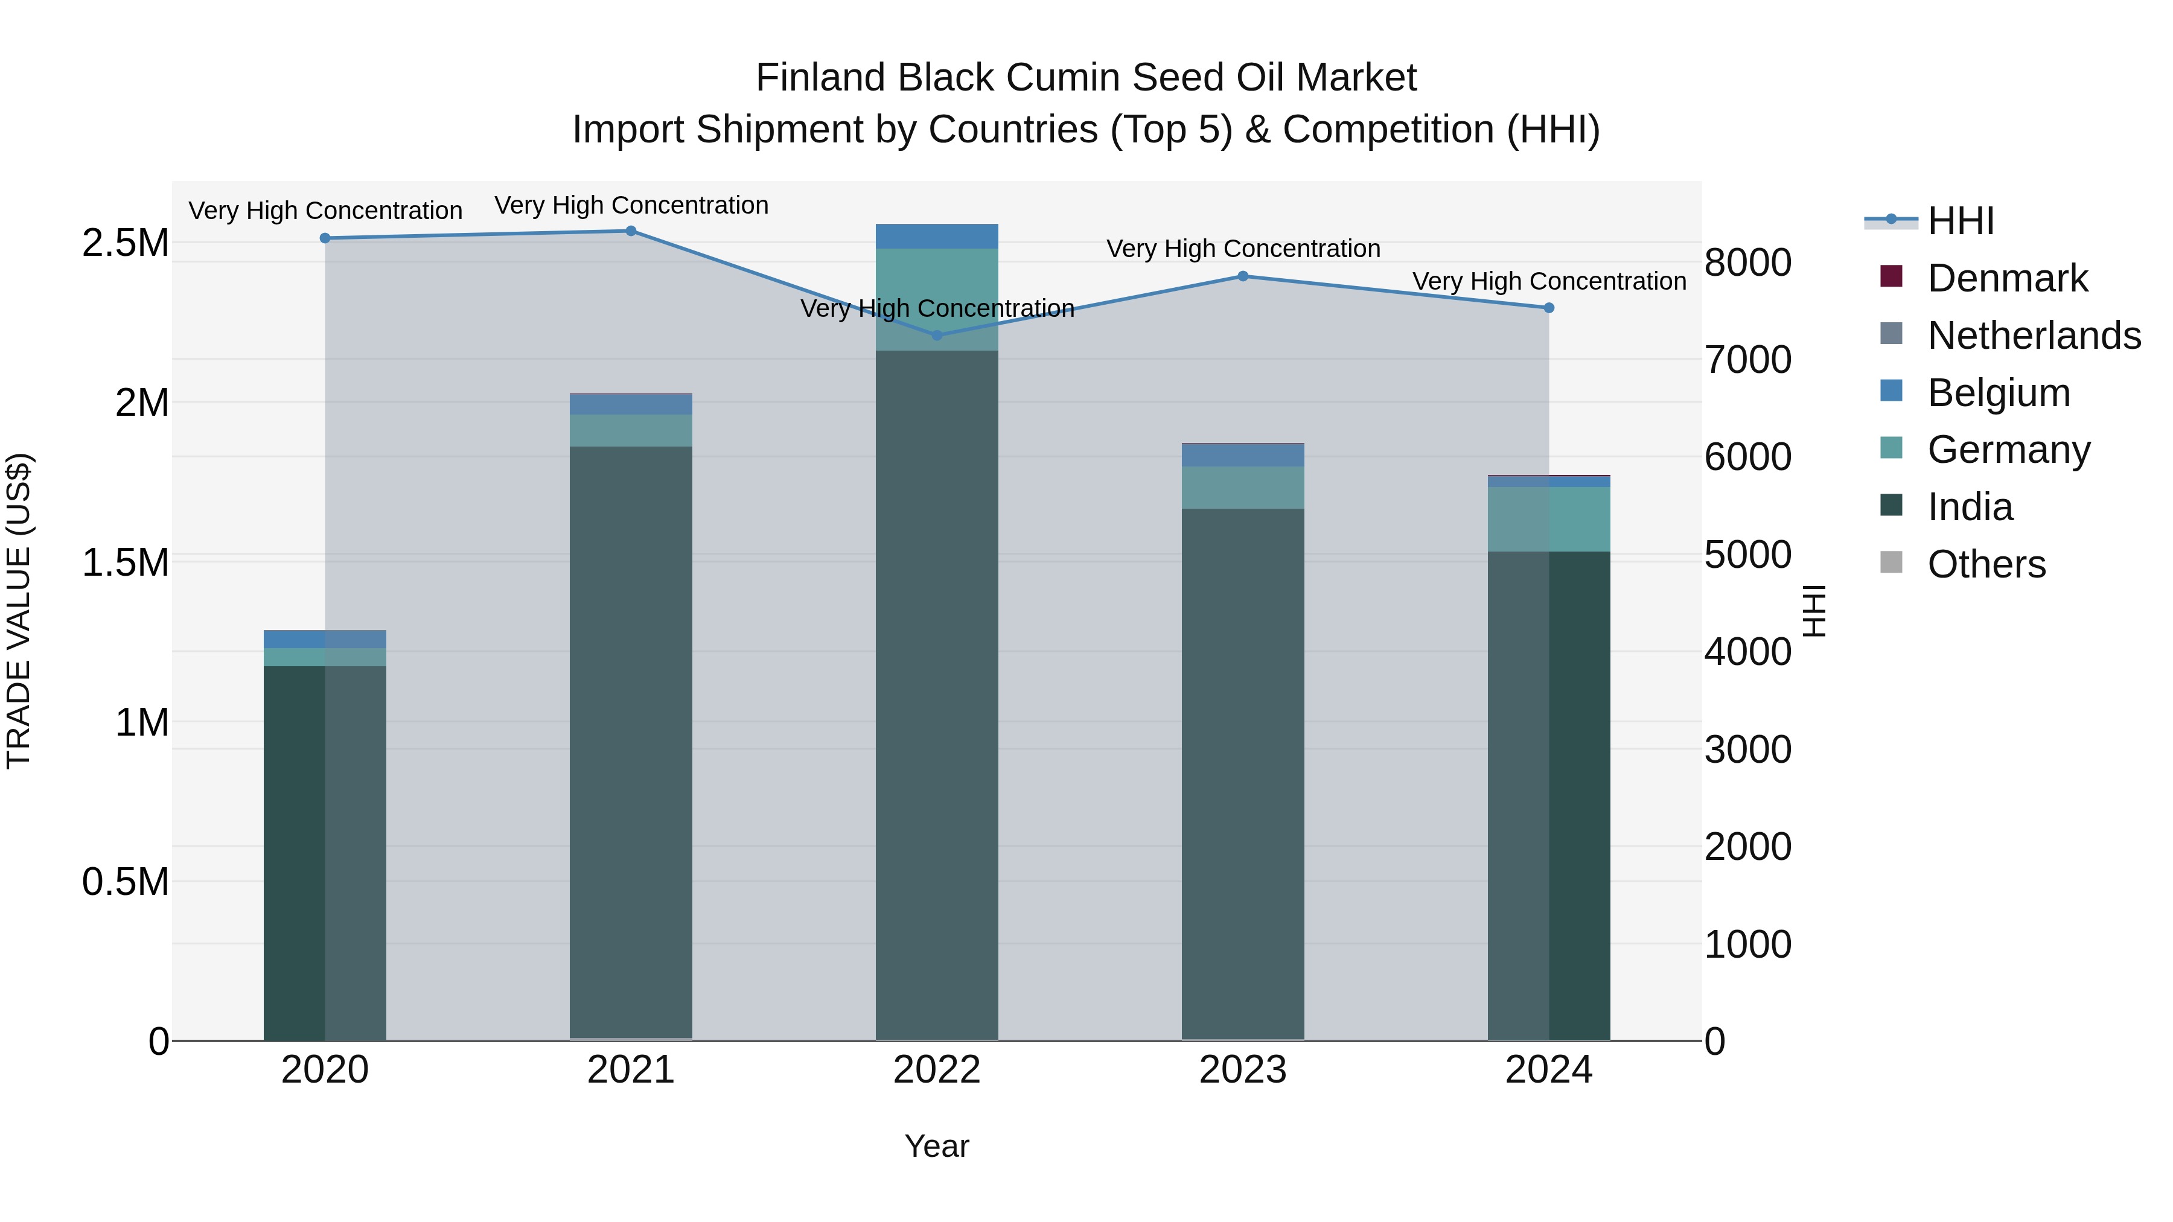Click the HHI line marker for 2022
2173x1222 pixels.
(936, 335)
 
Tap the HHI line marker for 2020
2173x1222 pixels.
(325, 238)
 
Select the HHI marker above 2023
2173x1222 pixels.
(1243, 276)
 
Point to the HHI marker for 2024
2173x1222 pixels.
(1549, 308)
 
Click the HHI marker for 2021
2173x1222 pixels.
(631, 231)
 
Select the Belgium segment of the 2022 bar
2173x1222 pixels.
(936, 236)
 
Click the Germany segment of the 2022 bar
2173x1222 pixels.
(936, 299)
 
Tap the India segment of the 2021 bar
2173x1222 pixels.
(631, 742)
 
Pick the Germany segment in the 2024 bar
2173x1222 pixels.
(1549, 518)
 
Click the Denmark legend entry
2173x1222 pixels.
(2008, 278)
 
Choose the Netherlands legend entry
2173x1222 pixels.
(2034, 336)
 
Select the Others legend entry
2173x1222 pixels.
(1986, 564)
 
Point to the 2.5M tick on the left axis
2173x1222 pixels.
(126, 243)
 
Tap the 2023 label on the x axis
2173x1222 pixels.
(1243, 1070)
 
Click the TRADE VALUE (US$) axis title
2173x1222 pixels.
(19, 611)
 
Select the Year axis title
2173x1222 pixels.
(936, 1146)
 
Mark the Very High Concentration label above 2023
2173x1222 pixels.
(1243, 249)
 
